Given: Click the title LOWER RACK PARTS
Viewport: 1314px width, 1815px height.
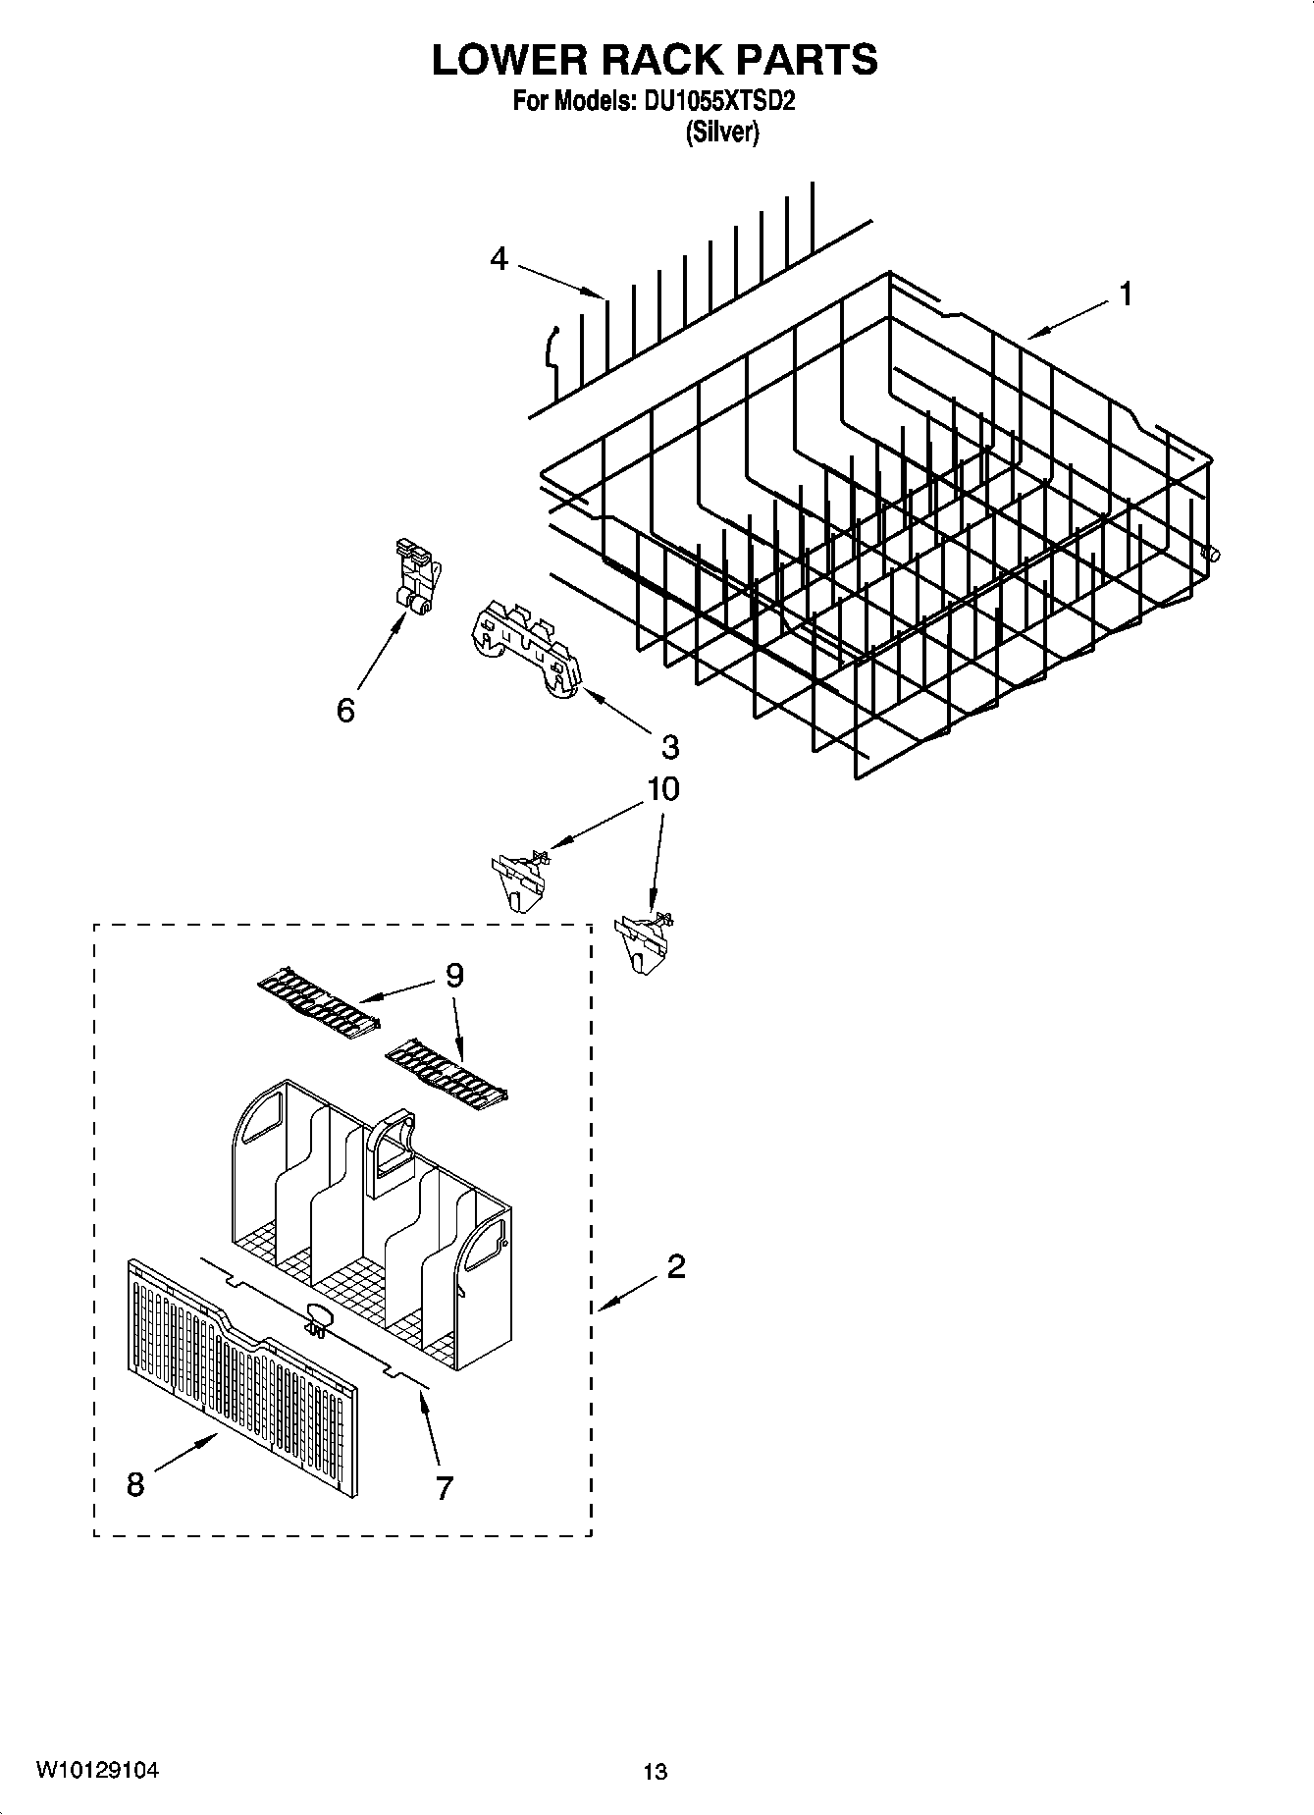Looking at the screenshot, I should click(655, 60).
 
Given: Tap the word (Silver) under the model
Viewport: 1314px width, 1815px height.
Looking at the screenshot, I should click(722, 133).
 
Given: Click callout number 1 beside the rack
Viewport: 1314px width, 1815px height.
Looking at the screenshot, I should click(1126, 294).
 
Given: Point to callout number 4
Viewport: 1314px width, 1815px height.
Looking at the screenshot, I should click(499, 259).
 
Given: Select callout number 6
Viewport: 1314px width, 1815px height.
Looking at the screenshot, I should click(345, 710).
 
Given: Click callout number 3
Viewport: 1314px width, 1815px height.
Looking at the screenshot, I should click(669, 747).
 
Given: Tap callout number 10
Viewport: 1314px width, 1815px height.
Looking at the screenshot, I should click(663, 789).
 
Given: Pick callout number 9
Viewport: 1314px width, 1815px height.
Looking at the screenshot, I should click(453, 975).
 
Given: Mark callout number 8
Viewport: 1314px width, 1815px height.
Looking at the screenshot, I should click(135, 1484).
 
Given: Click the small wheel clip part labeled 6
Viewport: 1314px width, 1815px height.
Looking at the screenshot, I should click(417, 579).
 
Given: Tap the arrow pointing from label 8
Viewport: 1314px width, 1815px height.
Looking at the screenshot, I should click(186, 1457).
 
